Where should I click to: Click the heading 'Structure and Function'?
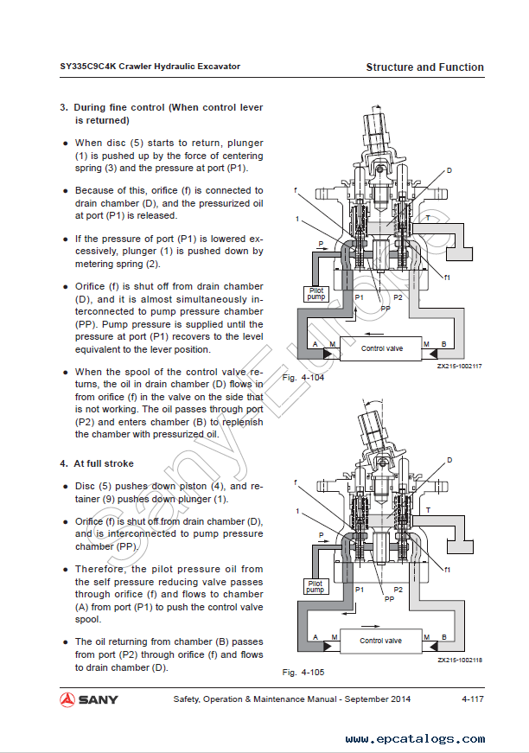coord(424,67)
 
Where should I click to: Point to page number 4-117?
coord(472,699)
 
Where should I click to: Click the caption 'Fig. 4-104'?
coord(303,378)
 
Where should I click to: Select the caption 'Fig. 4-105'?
coord(303,672)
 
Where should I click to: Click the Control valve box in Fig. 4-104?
coord(381,348)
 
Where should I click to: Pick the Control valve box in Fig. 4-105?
coord(380,641)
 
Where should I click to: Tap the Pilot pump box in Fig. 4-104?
coord(317,294)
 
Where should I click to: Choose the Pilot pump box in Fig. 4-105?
coord(316,587)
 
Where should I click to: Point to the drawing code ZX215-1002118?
coord(459,660)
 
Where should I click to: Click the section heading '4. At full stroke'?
coord(97,464)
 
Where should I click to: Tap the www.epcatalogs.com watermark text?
coord(412,739)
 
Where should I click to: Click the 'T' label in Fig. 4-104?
coord(427,219)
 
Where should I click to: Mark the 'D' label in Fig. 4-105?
coord(449,460)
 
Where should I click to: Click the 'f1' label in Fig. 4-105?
coord(447,569)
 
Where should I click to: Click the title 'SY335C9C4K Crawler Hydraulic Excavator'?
coord(150,67)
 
